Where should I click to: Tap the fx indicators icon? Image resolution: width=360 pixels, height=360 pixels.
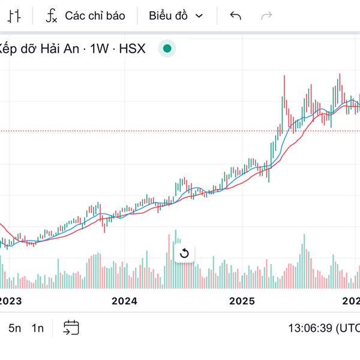[52, 16]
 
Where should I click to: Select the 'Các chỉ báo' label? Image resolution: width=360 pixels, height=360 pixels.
[95, 16]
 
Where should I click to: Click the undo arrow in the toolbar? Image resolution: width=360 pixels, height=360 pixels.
[235, 16]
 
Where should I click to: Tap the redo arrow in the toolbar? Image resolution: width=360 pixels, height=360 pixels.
[266, 16]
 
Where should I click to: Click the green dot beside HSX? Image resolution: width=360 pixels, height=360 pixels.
[167, 49]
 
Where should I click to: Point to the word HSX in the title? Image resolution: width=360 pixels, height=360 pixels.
[132, 49]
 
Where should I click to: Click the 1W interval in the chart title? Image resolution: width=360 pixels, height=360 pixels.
[100, 49]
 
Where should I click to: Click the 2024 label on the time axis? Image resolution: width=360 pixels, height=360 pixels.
[124, 301]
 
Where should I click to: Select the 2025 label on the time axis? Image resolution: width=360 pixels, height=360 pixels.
[243, 301]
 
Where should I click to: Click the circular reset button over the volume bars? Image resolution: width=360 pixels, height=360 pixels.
[184, 253]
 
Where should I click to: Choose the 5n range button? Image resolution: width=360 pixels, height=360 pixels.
[14, 328]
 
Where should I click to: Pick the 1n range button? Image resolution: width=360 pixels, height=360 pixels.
[38, 328]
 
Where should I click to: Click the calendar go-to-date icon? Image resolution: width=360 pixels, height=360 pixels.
[71, 328]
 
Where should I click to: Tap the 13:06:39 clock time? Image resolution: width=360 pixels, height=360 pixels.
[311, 328]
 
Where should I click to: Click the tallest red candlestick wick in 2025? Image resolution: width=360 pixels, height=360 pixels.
[284, 84]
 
